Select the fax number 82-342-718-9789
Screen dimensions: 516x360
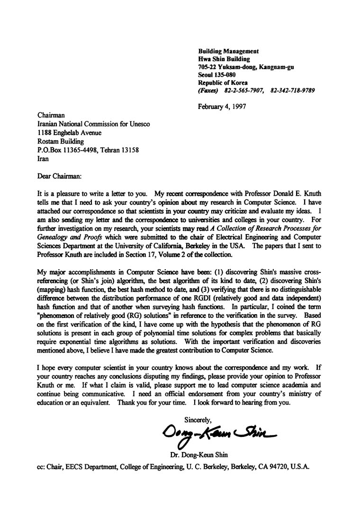(292, 90)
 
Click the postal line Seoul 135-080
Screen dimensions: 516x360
(216, 74)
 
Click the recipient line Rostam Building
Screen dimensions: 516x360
(60, 141)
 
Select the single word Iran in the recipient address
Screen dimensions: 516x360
(43, 159)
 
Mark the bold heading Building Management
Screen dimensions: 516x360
(228, 51)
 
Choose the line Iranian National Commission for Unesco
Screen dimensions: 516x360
(93, 124)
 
